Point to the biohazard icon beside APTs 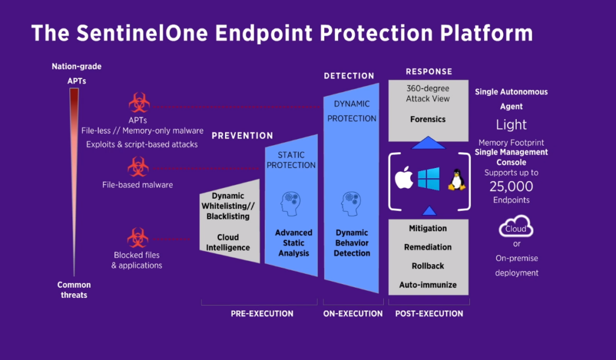(140, 103)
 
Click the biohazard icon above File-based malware (138, 167)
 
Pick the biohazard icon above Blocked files (138, 238)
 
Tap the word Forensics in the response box (428, 119)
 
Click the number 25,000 (511, 186)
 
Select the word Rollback (428, 265)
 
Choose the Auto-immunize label (428, 284)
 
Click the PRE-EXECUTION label (262, 314)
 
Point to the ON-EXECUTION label (353, 314)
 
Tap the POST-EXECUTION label (429, 314)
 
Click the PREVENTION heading (242, 136)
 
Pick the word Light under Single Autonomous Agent (511, 125)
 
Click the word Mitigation (428, 229)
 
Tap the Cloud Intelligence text (228, 242)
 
